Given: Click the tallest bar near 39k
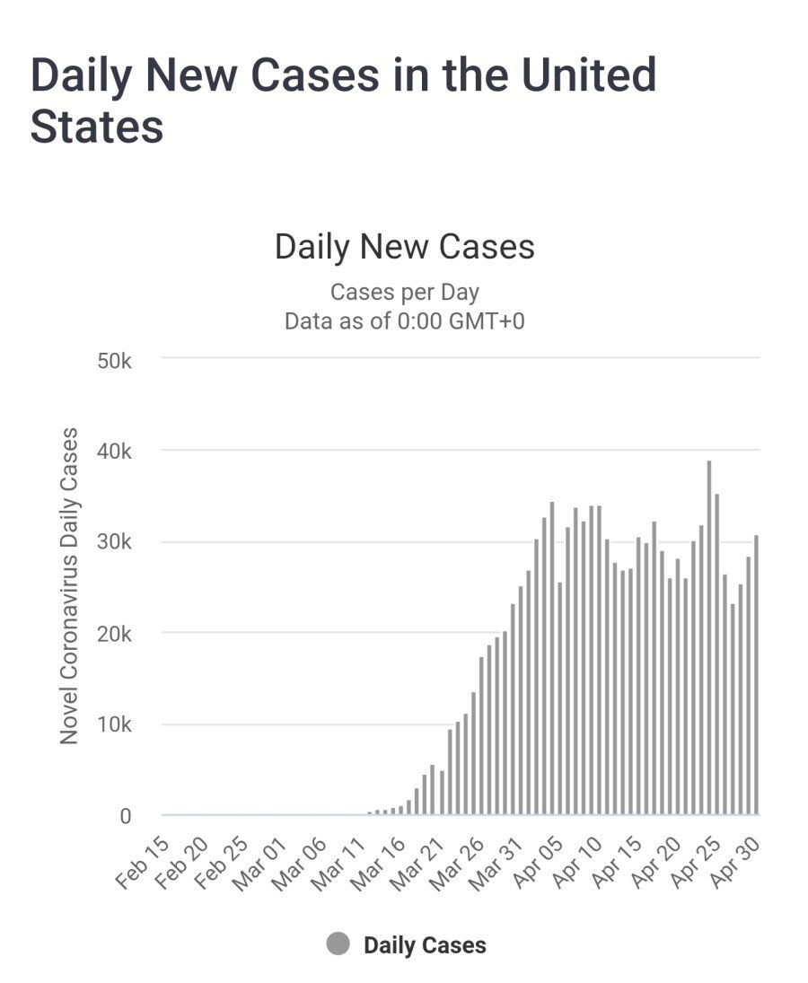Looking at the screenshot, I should click(709, 637).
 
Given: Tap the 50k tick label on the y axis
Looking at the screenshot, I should click(115, 359).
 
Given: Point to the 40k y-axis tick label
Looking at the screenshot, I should click(115, 451).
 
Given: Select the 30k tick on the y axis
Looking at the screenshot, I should click(115, 542).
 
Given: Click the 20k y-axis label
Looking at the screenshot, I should click(115, 634).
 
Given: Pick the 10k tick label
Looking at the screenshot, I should click(115, 725).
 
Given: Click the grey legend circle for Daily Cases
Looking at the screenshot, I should click(338, 944).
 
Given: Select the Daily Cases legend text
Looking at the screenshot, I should click(425, 945).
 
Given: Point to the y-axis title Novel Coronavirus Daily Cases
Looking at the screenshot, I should click(69, 585).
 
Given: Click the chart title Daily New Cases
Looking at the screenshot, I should click(404, 247).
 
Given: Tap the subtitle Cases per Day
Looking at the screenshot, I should click(404, 293).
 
